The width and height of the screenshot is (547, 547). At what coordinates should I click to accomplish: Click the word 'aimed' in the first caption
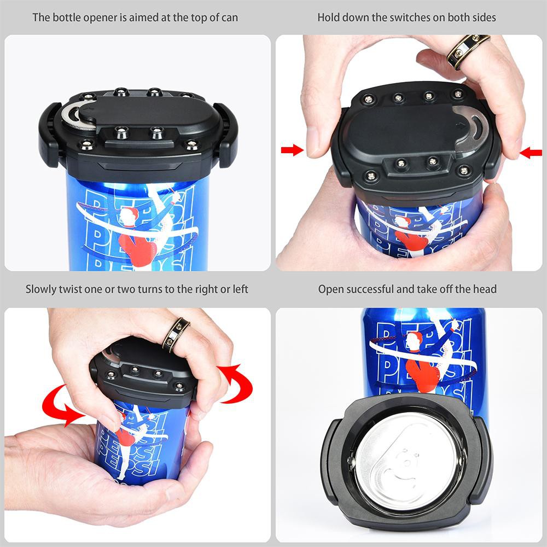tap(142, 17)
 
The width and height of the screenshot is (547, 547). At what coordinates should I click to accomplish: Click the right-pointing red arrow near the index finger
tap(292, 150)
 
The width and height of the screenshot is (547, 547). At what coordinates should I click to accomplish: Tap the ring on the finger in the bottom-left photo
tap(176, 335)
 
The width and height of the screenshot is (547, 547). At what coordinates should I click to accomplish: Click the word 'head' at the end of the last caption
tap(485, 289)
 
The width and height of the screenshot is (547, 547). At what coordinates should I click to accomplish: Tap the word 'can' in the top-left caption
tap(230, 17)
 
